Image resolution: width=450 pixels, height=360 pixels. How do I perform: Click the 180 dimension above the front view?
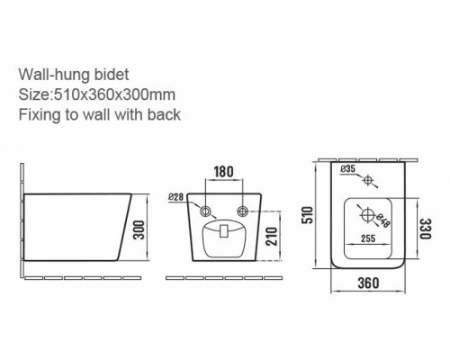223,172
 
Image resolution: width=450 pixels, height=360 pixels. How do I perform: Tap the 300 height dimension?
139,229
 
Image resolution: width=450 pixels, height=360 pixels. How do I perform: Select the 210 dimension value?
272,236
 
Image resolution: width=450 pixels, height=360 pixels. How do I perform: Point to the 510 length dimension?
308,215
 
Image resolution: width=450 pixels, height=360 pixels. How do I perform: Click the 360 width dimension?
368,283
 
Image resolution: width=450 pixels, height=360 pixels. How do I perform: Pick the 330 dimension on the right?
425,229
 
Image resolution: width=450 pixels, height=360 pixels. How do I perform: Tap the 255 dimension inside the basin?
368,238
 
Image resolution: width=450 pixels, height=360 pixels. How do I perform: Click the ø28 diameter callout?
175,197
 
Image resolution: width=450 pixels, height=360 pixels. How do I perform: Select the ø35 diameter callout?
348,169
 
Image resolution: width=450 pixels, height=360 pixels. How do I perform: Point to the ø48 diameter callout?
382,220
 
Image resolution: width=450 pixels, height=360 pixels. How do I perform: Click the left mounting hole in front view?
205,211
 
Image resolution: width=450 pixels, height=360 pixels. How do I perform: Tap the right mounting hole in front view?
242,211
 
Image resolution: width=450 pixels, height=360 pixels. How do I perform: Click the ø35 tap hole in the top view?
368,180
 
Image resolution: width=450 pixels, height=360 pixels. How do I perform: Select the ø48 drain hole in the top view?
367,215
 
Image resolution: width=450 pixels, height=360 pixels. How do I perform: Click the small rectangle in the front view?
223,231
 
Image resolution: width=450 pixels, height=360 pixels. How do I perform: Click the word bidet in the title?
112,75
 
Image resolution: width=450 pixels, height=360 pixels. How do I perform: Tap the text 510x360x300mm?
114,94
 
